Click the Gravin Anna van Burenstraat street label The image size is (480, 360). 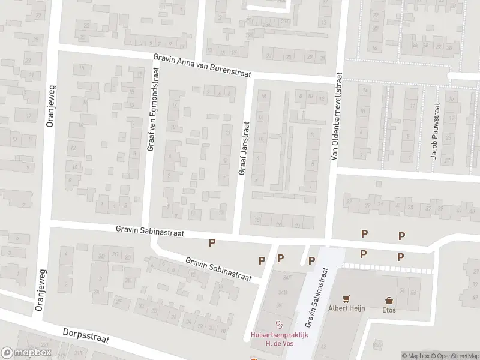click(201, 63)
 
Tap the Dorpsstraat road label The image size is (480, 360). click(86, 335)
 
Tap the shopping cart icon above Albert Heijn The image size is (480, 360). click(346, 298)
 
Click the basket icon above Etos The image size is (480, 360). click(389, 299)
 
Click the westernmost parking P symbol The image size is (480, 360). click(211, 242)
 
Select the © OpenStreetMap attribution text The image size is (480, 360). click(455, 356)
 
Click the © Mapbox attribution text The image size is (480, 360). click(415, 356)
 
